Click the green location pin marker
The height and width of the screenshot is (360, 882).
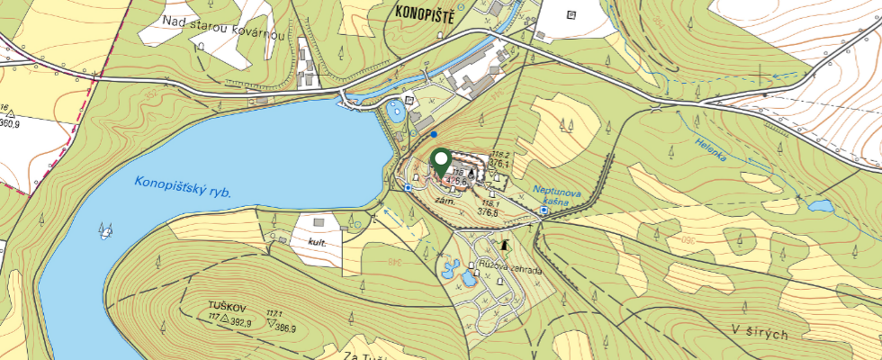pos(441,162)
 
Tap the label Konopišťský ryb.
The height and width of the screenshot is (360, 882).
pos(184,186)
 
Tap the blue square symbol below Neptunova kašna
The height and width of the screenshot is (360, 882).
pos(544,211)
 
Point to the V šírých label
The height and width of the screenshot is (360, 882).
pos(760,334)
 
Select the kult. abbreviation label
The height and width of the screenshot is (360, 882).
pos(316,243)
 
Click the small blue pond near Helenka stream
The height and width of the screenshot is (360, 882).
pos(820,206)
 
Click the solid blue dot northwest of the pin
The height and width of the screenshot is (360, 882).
pos(434,134)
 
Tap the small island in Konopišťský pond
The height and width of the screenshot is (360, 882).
pos(107,231)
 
